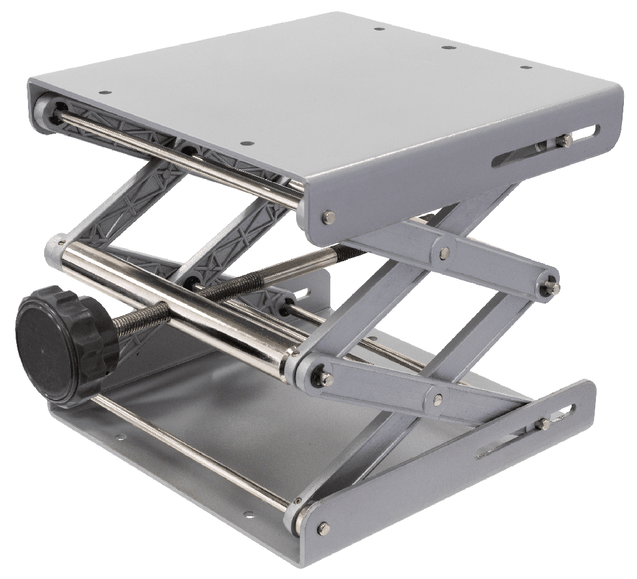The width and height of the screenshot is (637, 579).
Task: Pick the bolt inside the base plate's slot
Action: coord(544,423)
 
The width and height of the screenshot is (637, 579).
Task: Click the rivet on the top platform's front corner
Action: coord(328,216)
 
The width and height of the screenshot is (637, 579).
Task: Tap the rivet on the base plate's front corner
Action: coord(322,527)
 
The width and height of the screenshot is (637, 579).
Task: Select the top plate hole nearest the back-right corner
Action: coord(526,67)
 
